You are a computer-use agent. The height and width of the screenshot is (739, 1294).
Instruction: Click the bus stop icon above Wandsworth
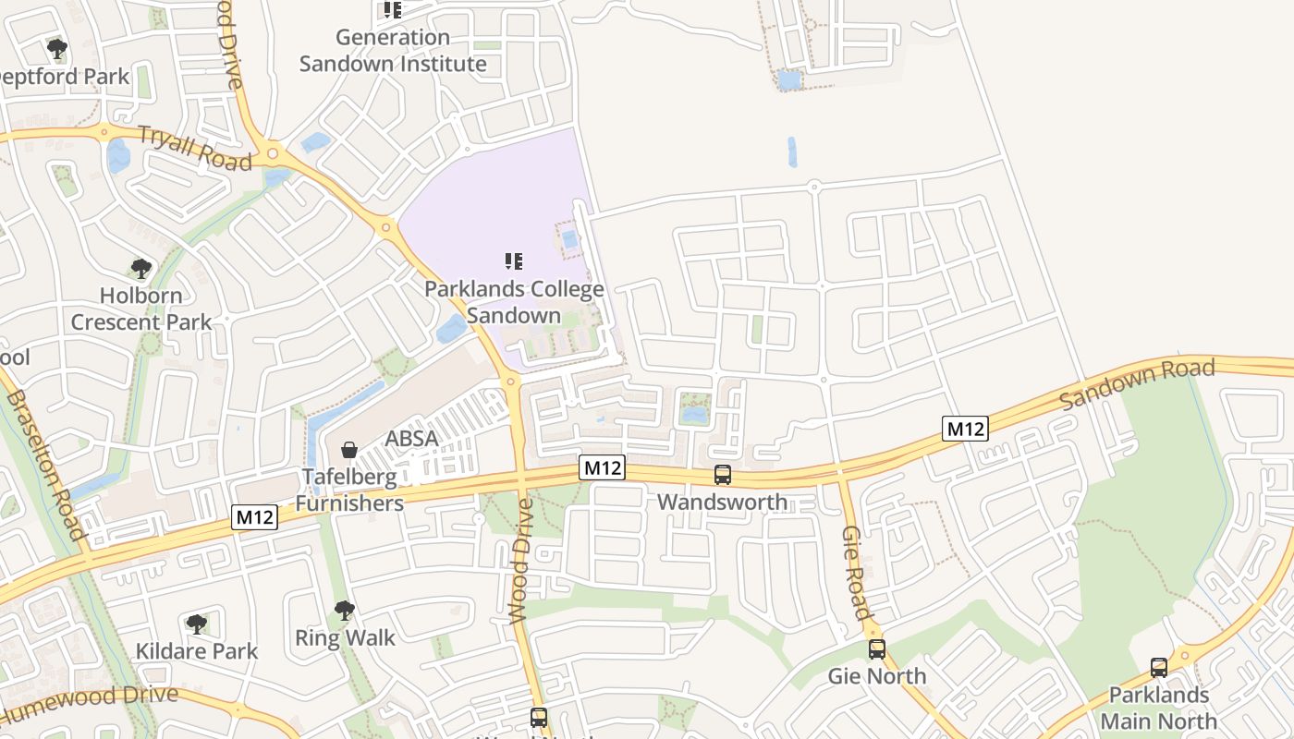pos(723,475)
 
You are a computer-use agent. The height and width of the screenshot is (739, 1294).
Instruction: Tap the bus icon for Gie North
pos(876,649)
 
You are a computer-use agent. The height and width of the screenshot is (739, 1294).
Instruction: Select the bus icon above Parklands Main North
pos(1159,668)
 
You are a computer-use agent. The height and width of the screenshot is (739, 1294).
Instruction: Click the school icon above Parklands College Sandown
pos(514,262)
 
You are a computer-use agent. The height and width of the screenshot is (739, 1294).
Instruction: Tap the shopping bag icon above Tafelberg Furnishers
pos(350,450)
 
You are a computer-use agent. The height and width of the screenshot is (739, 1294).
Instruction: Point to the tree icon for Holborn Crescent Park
pos(141,269)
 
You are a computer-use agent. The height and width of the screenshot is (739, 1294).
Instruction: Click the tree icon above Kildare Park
pos(196,624)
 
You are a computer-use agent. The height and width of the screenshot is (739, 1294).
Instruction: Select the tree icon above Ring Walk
pos(345,611)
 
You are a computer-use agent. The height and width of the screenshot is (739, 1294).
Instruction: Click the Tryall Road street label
pos(195,148)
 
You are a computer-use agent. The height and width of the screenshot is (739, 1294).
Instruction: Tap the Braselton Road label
pos(45,465)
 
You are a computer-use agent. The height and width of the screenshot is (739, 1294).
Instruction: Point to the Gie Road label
pos(856,573)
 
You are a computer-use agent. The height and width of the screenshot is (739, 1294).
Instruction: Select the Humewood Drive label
pos(90,701)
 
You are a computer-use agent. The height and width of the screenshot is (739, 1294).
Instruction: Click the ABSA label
pos(411,439)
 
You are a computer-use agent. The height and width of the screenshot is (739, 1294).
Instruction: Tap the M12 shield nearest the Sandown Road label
pos(965,429)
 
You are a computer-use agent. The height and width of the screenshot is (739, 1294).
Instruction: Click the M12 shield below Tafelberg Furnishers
pos(254,517)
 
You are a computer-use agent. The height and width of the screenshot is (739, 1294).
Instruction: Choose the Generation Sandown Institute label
pos(393,51)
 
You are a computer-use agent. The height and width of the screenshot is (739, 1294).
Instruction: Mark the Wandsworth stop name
pos(723,503)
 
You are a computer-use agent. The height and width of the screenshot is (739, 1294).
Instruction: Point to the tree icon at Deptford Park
pos(57,48)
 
